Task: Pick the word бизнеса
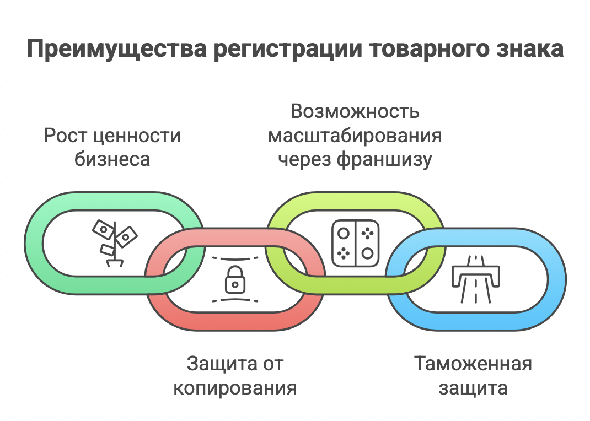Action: pos(112,159)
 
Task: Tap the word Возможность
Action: pos(355,111)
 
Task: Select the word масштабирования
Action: pos(355,136)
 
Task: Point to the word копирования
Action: pos(235,388)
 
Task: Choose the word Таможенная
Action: pos(473,364)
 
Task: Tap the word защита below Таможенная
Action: pos(473,388)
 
